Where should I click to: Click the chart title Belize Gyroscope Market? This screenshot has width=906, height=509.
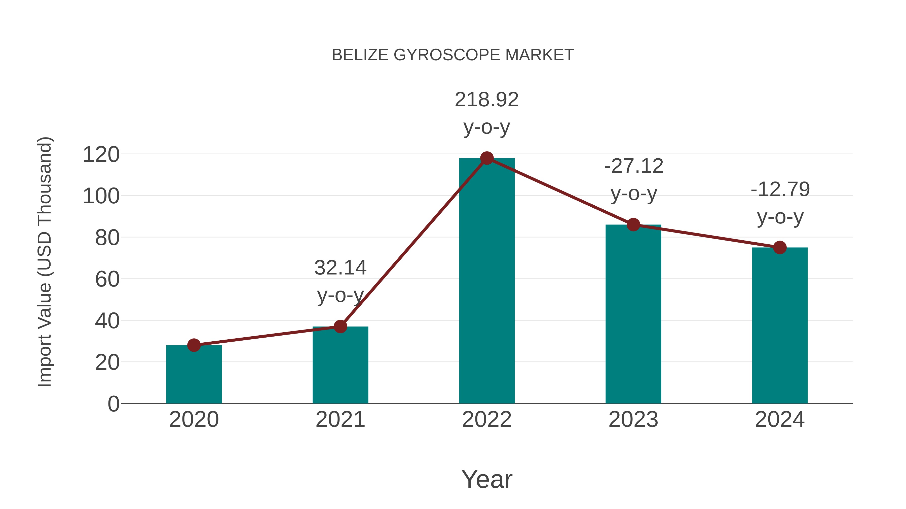(x=453, y=55)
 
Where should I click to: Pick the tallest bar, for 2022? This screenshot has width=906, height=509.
(x=487, y=281)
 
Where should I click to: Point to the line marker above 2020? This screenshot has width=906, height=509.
(x=194, y=345)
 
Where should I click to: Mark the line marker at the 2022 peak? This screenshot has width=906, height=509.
(x=487, y=158)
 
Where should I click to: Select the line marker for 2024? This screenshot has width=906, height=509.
(x=780, y=248)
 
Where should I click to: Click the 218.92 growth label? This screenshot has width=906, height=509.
(x=486, y=100)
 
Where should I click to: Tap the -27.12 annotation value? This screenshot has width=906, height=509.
(x=633, y=166)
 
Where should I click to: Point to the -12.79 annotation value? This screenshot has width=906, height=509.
(x=780, y=190)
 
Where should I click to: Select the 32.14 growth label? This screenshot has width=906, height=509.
(x=340, y=268)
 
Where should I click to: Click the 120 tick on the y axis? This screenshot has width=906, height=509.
(x=101, y=155)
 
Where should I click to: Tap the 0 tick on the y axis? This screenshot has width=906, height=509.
(x=114, y=404)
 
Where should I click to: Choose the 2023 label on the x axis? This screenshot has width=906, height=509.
(x=633, y=420)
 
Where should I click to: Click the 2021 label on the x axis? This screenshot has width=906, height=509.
(x=340, y=420)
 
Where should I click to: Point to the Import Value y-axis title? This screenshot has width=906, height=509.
(x=45, y=262)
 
